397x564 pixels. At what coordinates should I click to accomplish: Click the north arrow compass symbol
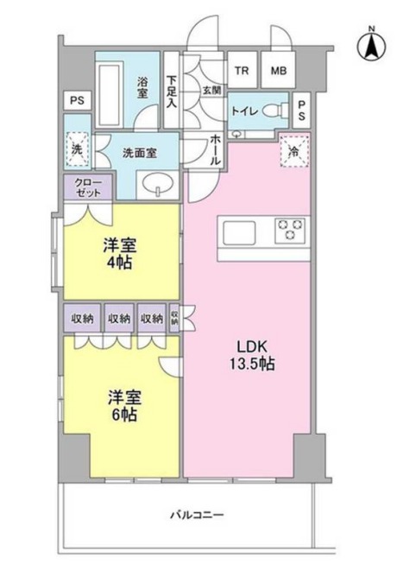(371, 46)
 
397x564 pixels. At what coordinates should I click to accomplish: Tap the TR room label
(243, 71)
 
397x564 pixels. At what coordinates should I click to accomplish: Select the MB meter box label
(279, 71)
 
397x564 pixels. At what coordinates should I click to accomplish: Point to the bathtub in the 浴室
(110, 95)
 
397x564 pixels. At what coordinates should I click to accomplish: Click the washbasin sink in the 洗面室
(157, 184)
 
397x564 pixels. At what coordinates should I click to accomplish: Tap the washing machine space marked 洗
(77, 149)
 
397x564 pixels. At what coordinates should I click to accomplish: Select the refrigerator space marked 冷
(294, 151)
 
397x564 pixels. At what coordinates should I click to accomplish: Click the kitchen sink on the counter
(239, 232)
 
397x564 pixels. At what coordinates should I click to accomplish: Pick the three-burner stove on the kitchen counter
(292, 230)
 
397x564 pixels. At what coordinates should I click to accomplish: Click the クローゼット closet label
(89, 187)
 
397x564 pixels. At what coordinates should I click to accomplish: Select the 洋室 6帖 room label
(124, 406)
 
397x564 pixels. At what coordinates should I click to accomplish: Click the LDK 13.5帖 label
(252, 356)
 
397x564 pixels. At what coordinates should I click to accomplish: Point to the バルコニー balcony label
(197, 515)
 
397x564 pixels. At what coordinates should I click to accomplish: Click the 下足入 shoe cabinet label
(172, 92)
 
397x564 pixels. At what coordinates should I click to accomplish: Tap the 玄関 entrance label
(212, 91)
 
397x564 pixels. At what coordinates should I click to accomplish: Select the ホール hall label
(215, 150)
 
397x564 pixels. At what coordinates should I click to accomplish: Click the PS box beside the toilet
(301, 110)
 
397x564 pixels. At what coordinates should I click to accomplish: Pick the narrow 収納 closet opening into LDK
(174, 319)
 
